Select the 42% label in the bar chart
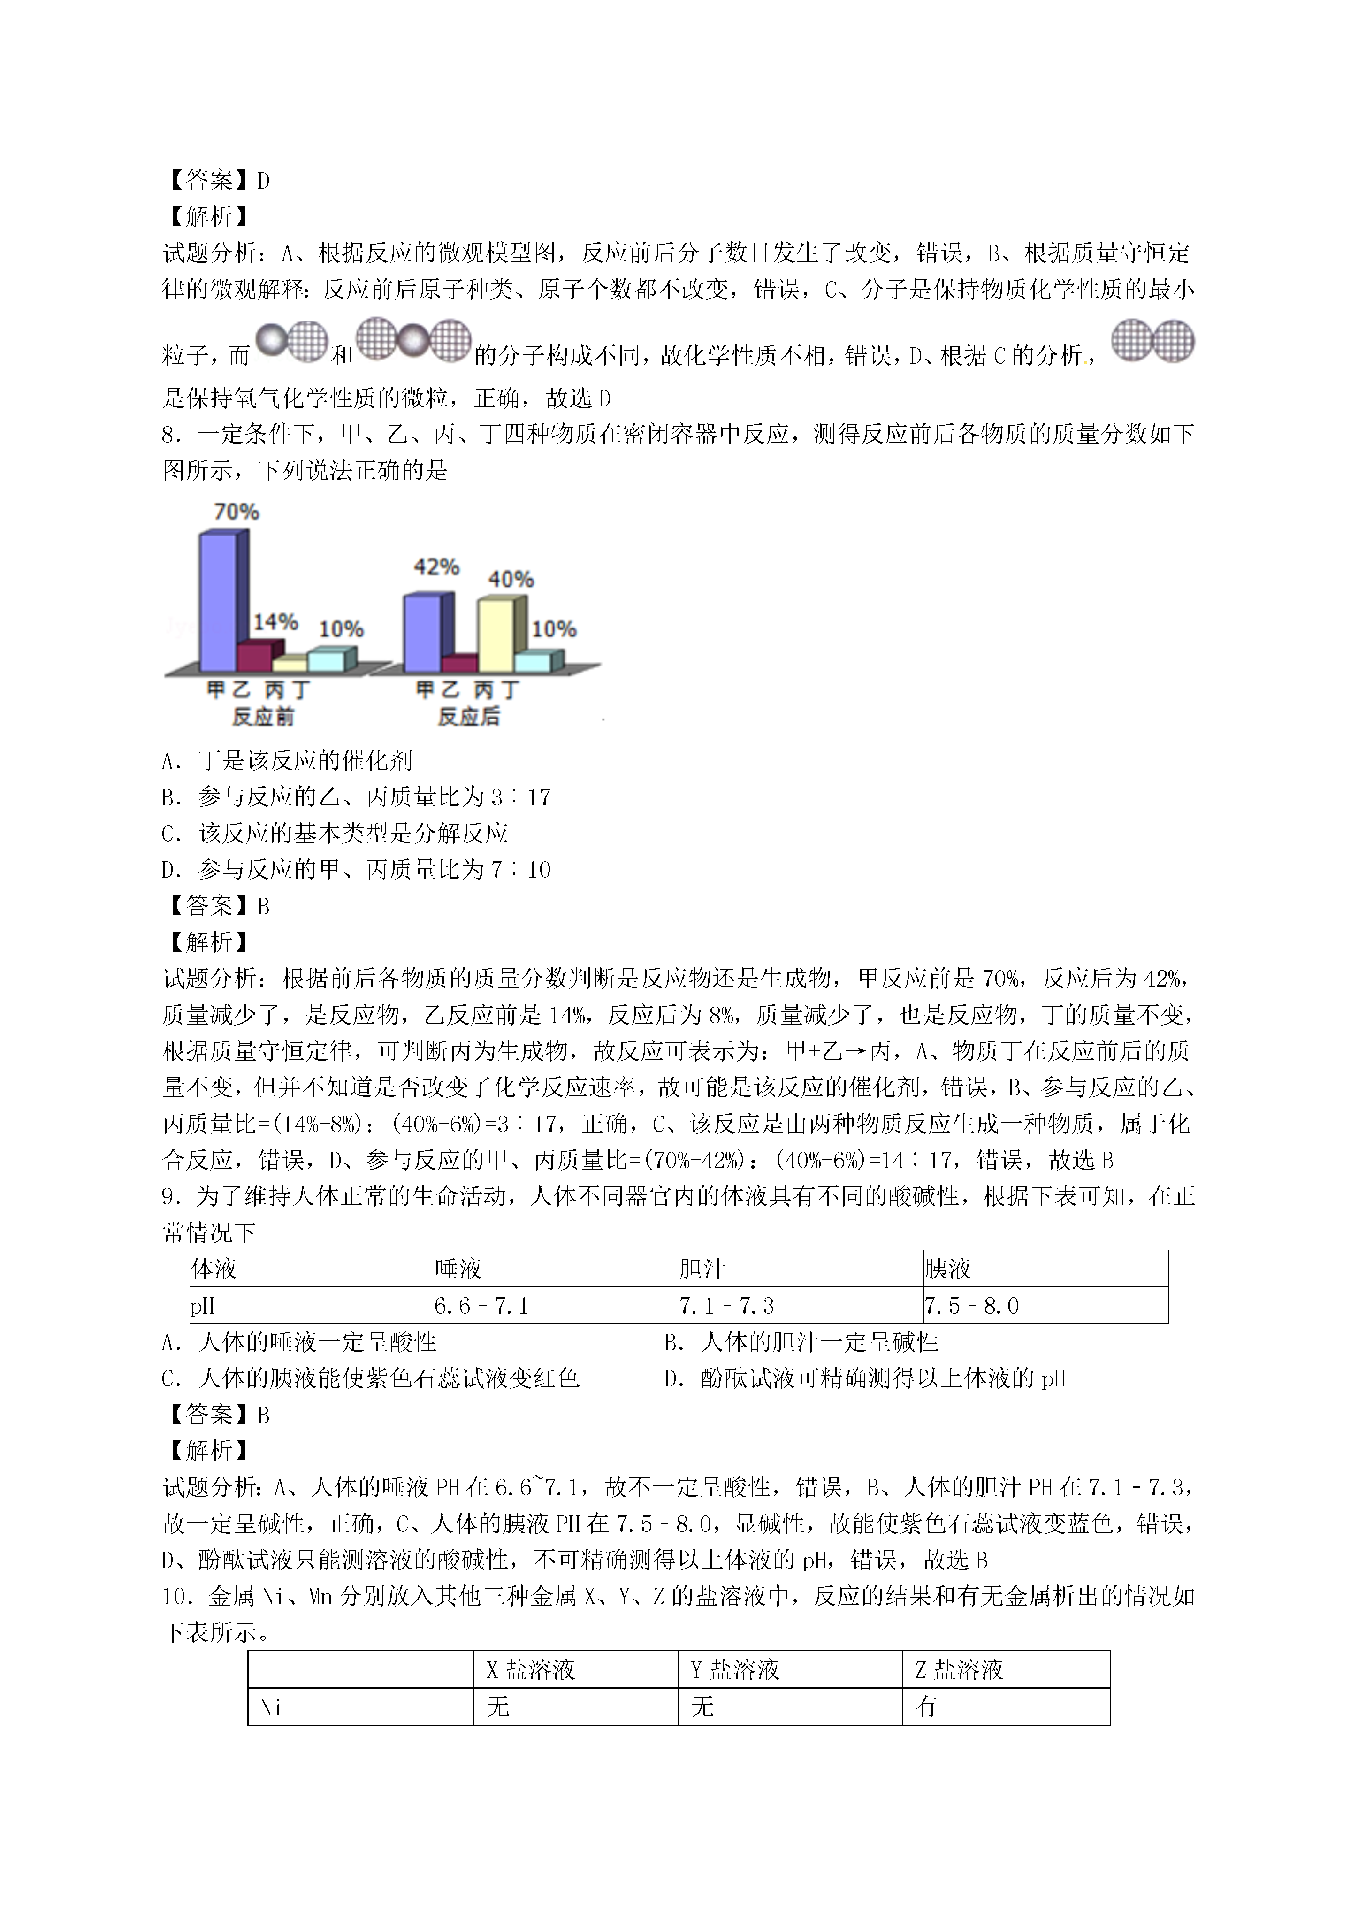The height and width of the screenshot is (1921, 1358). (x=436, y=567)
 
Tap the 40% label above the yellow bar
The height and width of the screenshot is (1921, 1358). (x=511, y=579)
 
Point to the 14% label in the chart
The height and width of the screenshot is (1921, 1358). (x=275, y=622)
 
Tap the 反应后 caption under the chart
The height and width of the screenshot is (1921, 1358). (x=469, y=717)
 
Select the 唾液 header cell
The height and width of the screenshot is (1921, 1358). (x=458, y=1269)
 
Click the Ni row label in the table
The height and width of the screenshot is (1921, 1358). (x=271, y=1707)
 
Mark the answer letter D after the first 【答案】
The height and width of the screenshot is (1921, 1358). (x=264, y=181)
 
